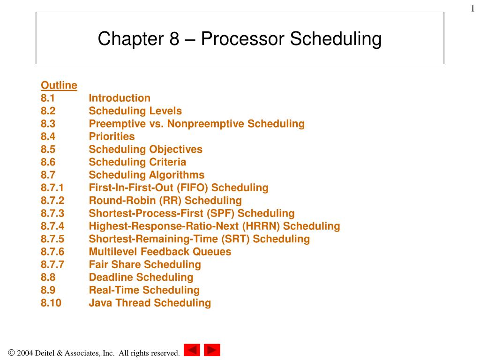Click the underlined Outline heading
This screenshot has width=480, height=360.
(x=59, y=85)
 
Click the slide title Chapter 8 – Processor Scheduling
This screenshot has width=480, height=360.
(x=240, y=39)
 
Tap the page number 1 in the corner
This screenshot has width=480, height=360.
(x=472, y=9)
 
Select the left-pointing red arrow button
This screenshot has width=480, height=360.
(x=192, y=350)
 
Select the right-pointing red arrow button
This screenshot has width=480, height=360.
(x=212, y=350)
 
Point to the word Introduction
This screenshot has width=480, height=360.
(x=120, y=98)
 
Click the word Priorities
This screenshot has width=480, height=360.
(x=112, y=136)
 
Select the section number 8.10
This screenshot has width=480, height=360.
(x=51, y=303)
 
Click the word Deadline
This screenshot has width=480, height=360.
(x=111, y=277)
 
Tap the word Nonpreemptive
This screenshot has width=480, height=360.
(x=206, y=124)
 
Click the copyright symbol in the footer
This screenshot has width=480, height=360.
(x=11, y=352)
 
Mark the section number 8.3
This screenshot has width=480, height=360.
(x=48, y=124)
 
